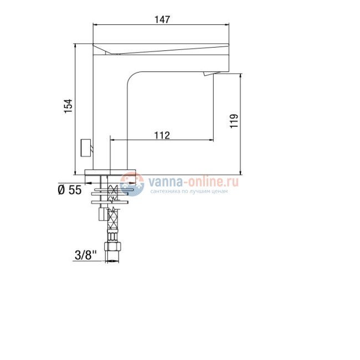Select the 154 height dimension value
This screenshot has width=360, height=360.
click(x=68, y=106)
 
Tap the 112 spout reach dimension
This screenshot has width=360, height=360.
click(x=162, y=135)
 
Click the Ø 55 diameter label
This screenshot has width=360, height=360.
click(x=69, y=190)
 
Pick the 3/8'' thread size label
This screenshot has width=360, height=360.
click(x=85, y=255)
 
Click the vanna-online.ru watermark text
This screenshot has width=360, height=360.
click(x=192, y=181)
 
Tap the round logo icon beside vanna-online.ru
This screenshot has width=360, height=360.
click(x=132, y=184)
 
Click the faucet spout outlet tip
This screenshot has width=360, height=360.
click(x=210, y=75)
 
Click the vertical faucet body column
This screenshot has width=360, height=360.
click(x=111, y=111)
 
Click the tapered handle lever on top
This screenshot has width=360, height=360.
click(x=161, y=49)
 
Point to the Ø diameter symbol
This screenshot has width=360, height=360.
click(x=61, y=190)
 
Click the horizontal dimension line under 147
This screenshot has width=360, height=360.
click(x=161, y=25)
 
